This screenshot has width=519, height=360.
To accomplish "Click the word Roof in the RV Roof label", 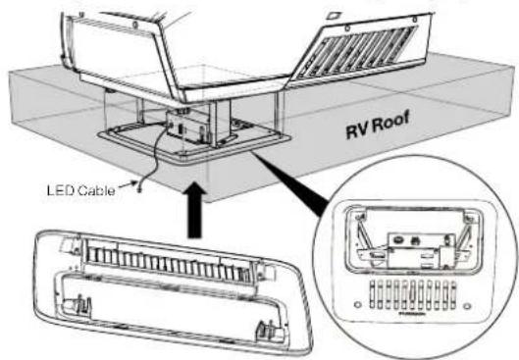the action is point(389,124).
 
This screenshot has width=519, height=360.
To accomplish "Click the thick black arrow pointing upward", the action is point(194,210).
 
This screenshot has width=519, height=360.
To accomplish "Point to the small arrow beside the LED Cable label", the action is point(129,184).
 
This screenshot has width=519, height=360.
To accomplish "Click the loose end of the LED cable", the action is point(139,189).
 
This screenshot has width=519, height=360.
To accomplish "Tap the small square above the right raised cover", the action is point(333,16).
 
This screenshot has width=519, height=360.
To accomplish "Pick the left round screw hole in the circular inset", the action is point(357,304).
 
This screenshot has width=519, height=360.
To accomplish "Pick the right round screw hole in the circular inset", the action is point(467,306).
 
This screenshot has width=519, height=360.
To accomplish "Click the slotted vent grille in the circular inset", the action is point(413,295).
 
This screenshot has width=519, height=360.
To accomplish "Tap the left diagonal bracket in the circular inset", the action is point(365,233).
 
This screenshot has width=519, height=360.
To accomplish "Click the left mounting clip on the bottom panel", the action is point(82,303).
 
